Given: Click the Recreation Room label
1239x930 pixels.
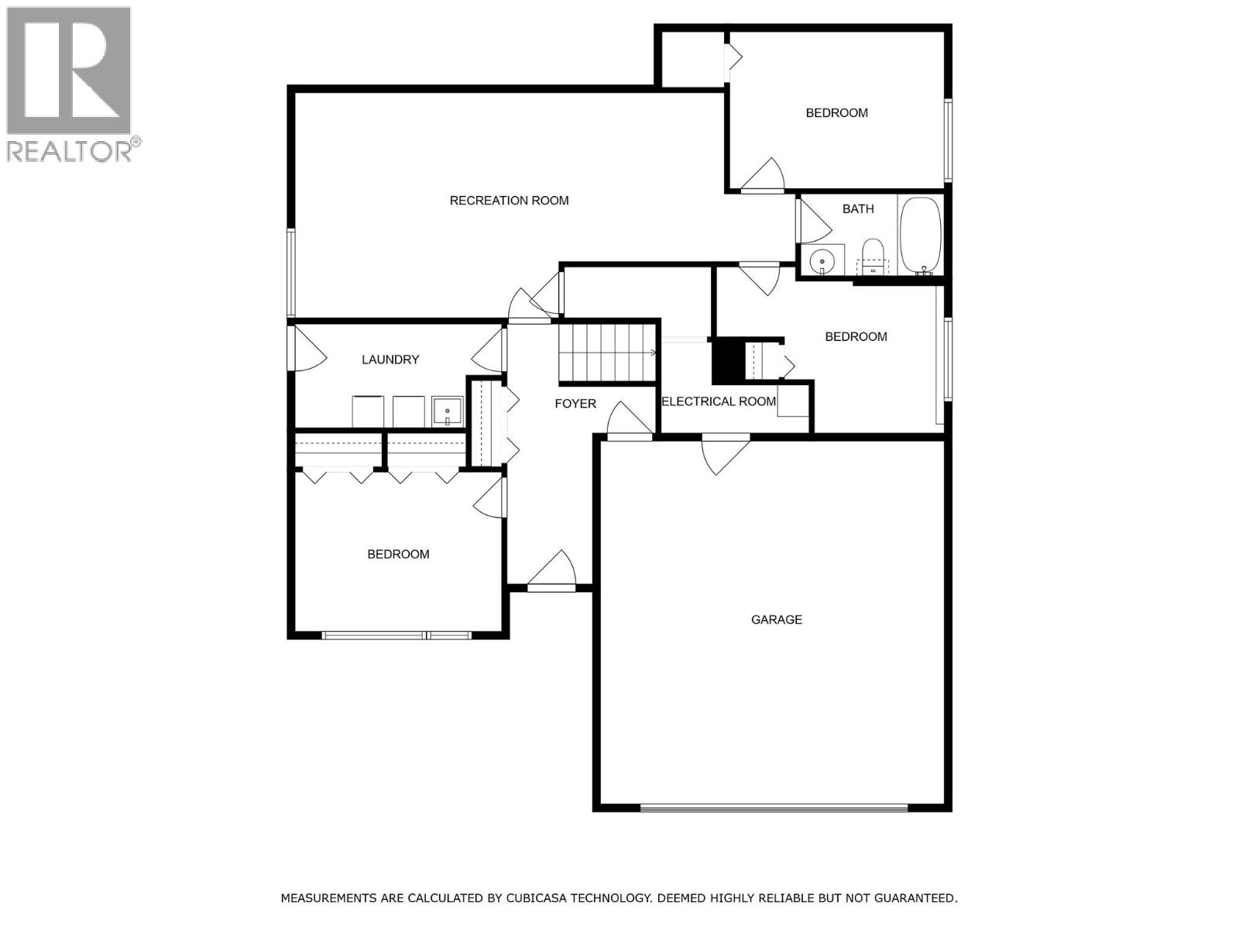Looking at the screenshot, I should pos(509,201).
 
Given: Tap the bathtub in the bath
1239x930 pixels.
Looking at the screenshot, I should pos(920,235).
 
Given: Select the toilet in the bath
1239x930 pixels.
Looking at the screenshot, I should pos(873,257).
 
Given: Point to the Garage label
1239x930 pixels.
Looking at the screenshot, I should pos(776,620).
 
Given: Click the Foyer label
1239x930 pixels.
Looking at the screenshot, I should pos(575,404).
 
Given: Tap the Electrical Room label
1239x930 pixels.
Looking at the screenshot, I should pos(719,401).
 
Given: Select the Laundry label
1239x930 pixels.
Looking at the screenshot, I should pos(390,360).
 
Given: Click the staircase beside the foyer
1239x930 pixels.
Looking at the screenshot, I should pos(608,353).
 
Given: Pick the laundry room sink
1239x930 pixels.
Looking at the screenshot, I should pos(448,412).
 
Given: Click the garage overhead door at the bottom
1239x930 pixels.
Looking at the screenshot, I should pos(774,808).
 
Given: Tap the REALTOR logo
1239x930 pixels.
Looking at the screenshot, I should pos(70,84).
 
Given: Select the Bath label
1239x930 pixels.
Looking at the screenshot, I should pos(858,209).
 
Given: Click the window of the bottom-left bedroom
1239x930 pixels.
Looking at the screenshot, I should pos(396,635).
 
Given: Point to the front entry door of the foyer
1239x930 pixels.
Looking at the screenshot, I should pos(552,587).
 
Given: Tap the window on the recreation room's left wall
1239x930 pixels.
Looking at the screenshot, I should pos(291,272).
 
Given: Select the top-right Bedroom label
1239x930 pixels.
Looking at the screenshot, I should pos(836,113).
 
